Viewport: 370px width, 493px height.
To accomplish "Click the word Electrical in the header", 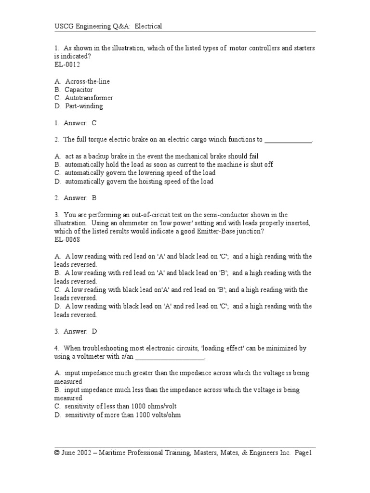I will (148, 26).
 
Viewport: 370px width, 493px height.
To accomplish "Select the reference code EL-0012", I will (67, 65).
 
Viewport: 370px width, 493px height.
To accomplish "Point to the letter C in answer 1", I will (94, 123).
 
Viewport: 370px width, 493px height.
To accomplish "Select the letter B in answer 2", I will (94, 198).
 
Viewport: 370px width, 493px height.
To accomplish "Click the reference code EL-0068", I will (67, 239).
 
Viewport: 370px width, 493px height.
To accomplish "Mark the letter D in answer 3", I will (94, 331).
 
